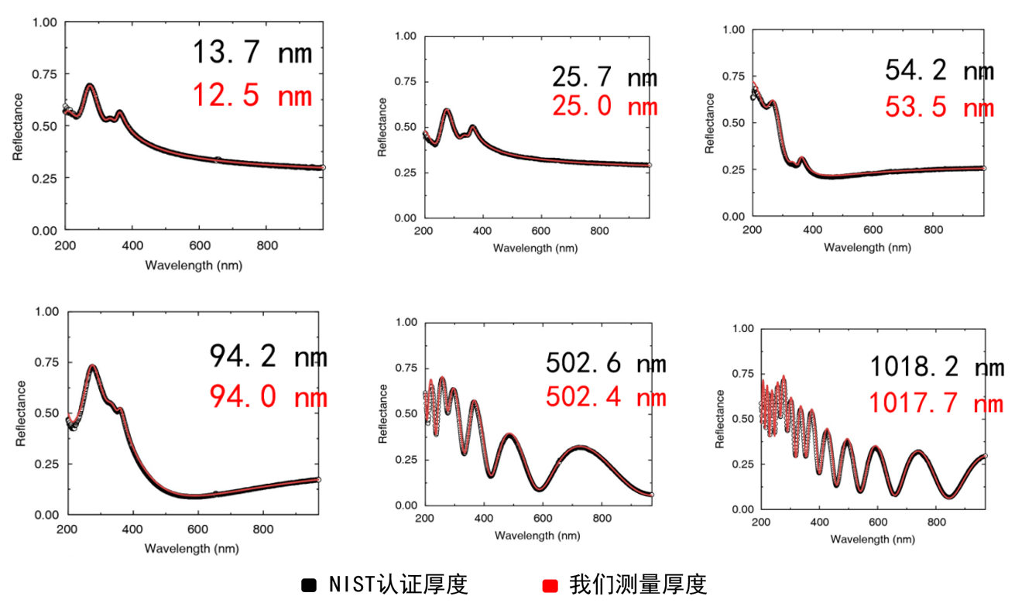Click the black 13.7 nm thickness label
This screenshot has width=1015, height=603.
tap(252, 53)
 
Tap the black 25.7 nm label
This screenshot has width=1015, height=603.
tap(604, 77)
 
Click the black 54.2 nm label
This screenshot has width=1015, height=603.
tap(938, 70)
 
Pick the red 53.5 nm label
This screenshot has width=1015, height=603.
tap(938, 107)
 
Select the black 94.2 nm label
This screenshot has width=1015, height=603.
tap(267, 356)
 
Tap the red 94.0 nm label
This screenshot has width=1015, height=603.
tap(267, 397)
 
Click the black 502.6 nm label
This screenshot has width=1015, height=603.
tap(605, 363)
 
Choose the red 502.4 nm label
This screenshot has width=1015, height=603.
tap(605, 397)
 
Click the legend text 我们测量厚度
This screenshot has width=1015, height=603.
tap(638, 584)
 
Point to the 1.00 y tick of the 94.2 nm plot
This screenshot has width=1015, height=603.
tap(47, 312)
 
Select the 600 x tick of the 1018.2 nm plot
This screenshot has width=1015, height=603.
tap(873, 523)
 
